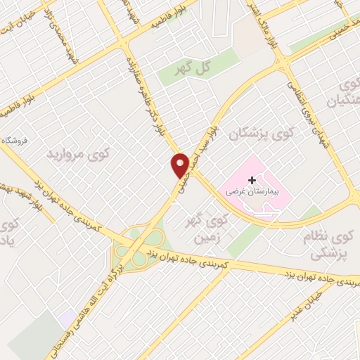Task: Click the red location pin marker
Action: coord(180,165)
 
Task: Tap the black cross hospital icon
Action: coord(252,180)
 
